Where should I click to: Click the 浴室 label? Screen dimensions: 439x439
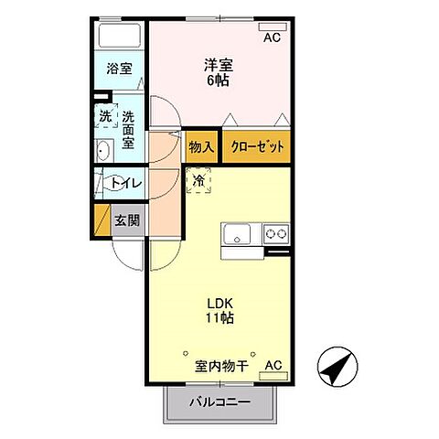point(118,69)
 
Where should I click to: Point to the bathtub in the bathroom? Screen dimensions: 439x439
point(119,37)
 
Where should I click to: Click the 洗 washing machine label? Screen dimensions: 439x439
point(107,117)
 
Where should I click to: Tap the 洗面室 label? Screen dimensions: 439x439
point(128,129)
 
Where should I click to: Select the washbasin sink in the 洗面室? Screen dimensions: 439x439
point(103,152)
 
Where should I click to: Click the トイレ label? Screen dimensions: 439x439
point(125,183)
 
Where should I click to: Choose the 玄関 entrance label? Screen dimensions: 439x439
point(127,220)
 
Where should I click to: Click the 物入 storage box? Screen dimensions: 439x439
point(201,146)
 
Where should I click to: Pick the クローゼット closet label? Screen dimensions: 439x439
point(255,146)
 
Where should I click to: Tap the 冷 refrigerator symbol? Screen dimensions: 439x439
point(199,181)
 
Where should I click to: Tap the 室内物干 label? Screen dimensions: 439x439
point(221,367)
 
